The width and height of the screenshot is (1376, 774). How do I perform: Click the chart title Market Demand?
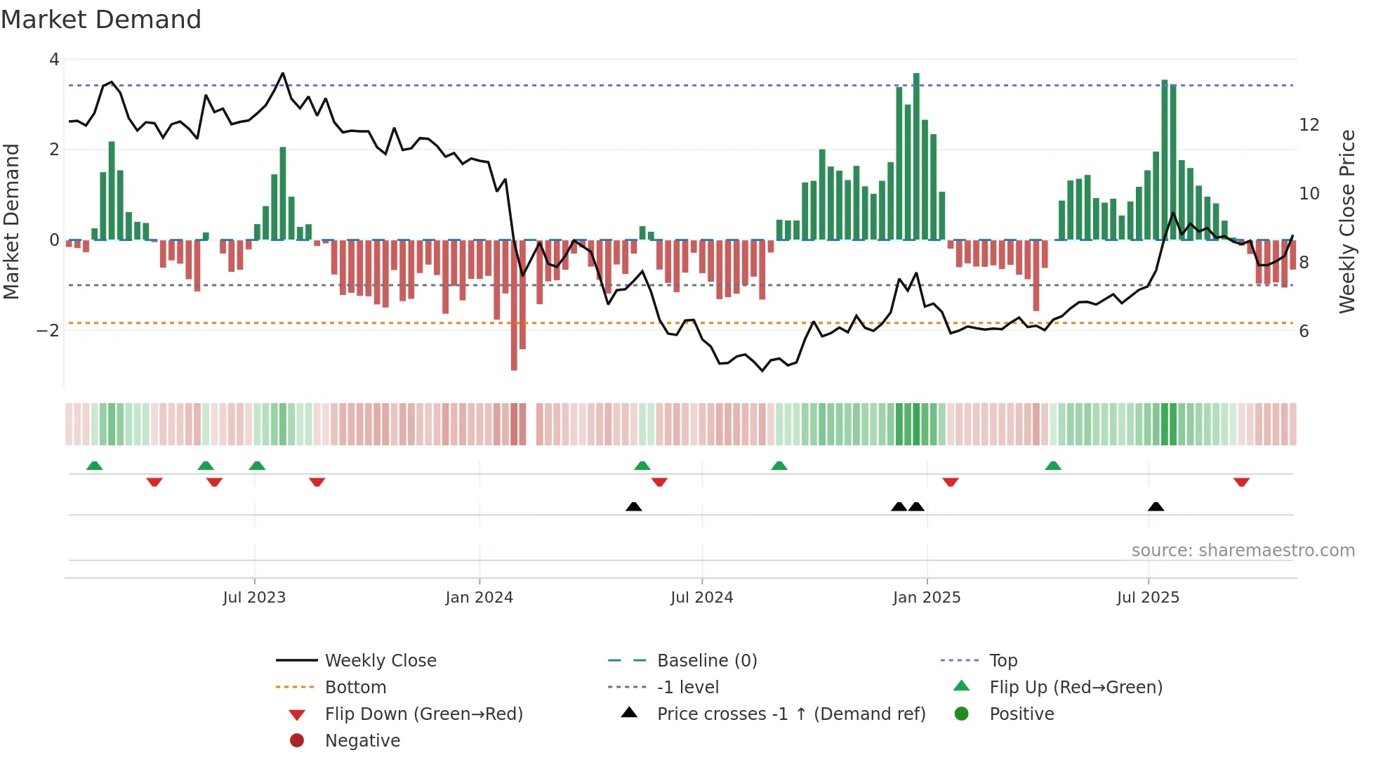pyautogui.click(x=101, y=20)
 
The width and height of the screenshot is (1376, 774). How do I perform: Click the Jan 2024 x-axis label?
pyautogui.click(x=479, y=598)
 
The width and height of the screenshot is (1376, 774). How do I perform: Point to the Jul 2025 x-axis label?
pyautogui.click(x=1148, y=598)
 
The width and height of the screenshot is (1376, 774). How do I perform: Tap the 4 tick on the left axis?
pyautogui.click(x=54, y=60)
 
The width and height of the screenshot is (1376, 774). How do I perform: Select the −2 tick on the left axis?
pyautogui.click(x=48, y=330)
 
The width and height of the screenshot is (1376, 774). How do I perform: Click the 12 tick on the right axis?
pyautogui.click(x=1309, y=125)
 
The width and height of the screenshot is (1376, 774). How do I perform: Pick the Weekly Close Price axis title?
pyautogui.click(x=1347, y=221)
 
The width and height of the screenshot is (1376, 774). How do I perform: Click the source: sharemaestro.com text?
pyautogui.click(x=1243, y=551)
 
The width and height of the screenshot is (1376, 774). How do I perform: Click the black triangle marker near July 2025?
pyautogui.click(x=1156, y=506)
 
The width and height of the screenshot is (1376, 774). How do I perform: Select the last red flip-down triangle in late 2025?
pyautogui.click(x=1241, y=483)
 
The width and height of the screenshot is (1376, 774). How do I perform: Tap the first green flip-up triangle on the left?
pyautogui.click(x=94, y=466)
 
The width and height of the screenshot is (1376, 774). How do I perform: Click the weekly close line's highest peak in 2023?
pyautogui.click(x=283, y=73)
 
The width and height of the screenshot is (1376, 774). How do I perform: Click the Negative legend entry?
pyautogui.click(x=362, y=741)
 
